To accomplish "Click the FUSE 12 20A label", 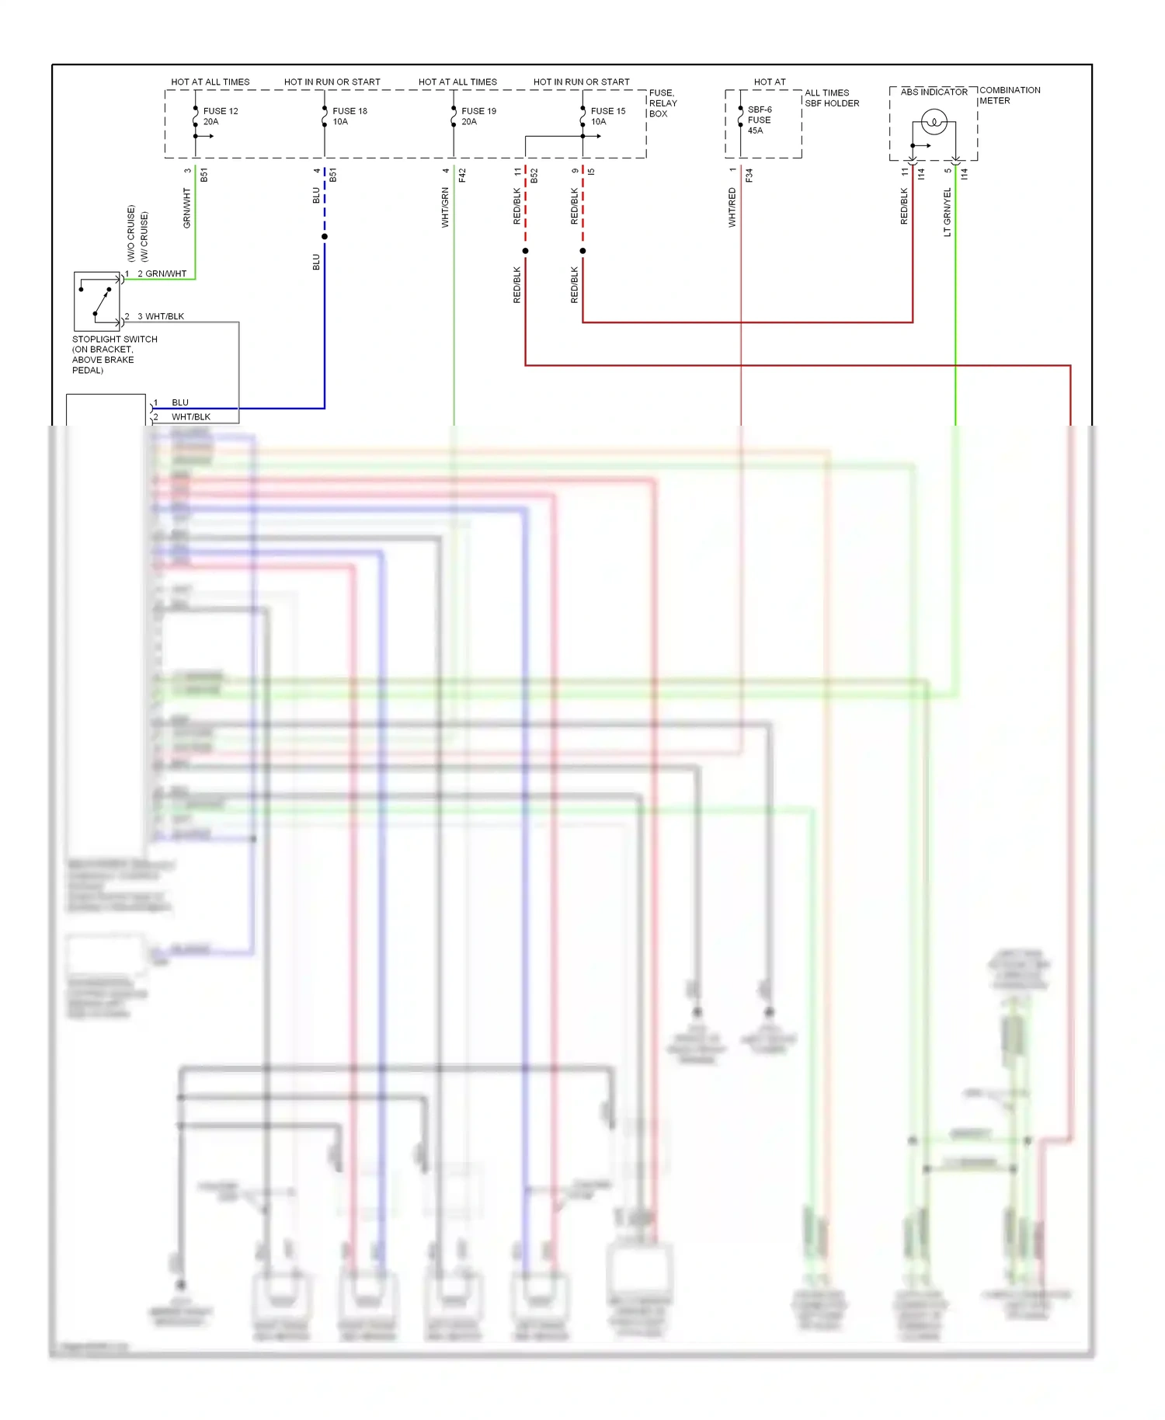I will [x=220, y=117].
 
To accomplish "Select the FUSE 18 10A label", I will [x=349, y=117].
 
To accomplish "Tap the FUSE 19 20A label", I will [x=478, y=117].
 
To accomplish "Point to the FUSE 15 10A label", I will [x=607, y=117].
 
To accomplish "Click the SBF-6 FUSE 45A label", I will [x=759, y=120].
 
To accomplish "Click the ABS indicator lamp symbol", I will [x=934, y=122].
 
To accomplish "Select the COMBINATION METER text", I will [x=1009, y=96].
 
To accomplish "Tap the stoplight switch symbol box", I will [x=97, y=301].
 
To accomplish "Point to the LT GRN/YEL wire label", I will [x=947, y=212].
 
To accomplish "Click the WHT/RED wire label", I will [x=732, y=207].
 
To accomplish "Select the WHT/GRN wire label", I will [x=445, y=207].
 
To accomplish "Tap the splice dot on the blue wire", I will [x=325, y=237].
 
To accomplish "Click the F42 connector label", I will [x=462, y=176].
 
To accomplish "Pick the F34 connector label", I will [x=749, y=176].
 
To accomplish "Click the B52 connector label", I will [x=534, y=176].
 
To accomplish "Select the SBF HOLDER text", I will [x=832, y=103].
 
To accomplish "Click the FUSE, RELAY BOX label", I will [x=662, y=103].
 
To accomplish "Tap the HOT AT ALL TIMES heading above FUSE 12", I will [x=210, y=82].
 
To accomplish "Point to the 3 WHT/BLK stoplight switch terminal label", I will [x=160, y=316].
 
